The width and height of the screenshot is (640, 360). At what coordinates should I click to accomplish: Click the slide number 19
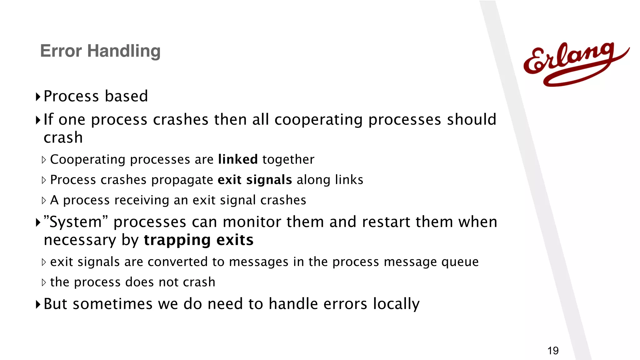(x=553, y=351)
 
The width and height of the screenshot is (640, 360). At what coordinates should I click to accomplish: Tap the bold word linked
(x=238, y=159)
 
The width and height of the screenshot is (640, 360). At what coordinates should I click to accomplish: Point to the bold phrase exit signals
(x=255, y=180)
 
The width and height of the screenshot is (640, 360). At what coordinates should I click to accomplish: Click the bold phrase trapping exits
(x=199, y=240)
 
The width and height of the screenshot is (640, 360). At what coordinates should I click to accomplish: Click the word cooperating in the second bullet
(x=318, y=120)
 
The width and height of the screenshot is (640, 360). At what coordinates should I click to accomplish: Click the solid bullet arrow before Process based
(x=38, y=97)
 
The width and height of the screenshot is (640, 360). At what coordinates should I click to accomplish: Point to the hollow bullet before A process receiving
(x=44, y=200)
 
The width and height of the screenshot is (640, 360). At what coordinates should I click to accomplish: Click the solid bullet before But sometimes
(x=38, y=304)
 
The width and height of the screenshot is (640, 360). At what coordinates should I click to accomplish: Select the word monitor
(x=252, y=222)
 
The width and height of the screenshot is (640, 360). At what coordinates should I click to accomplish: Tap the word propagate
(x=182, y=180)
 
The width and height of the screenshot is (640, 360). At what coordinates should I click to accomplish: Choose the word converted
(x=177, y=262)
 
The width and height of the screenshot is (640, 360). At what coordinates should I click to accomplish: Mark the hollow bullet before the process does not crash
(x=44, y=282)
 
